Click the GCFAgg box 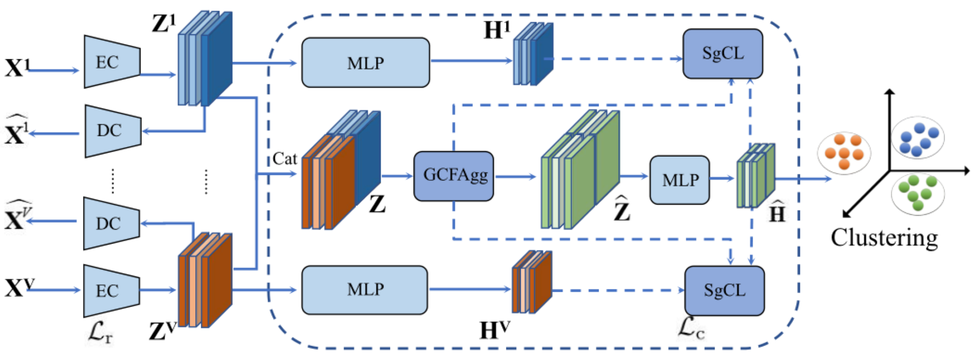tap(453, 176)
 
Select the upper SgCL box tap(723, 54)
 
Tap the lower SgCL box tap(724, 291)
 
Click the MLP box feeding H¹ tap(365, 63)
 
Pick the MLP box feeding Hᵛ tap(364, 290)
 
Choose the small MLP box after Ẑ tap(679, 180)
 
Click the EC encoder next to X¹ tap(112, 62)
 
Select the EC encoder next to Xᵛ tap(112, 291)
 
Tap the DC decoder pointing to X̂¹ tap(113, 131)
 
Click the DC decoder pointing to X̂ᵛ tap(112, 223)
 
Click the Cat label tap(284, 159)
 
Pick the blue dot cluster tap(918, 138)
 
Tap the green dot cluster tap(918, 193)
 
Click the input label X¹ tap(17, 67)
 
